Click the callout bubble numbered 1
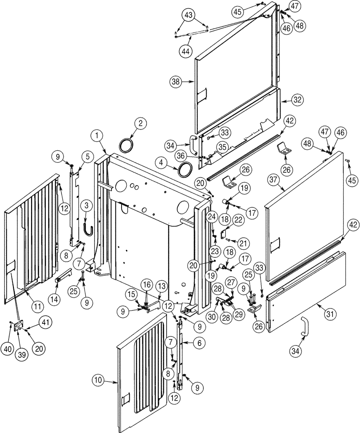click(98, 136)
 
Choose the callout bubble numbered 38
click(176, 81)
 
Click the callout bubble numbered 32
click(296, 100)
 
